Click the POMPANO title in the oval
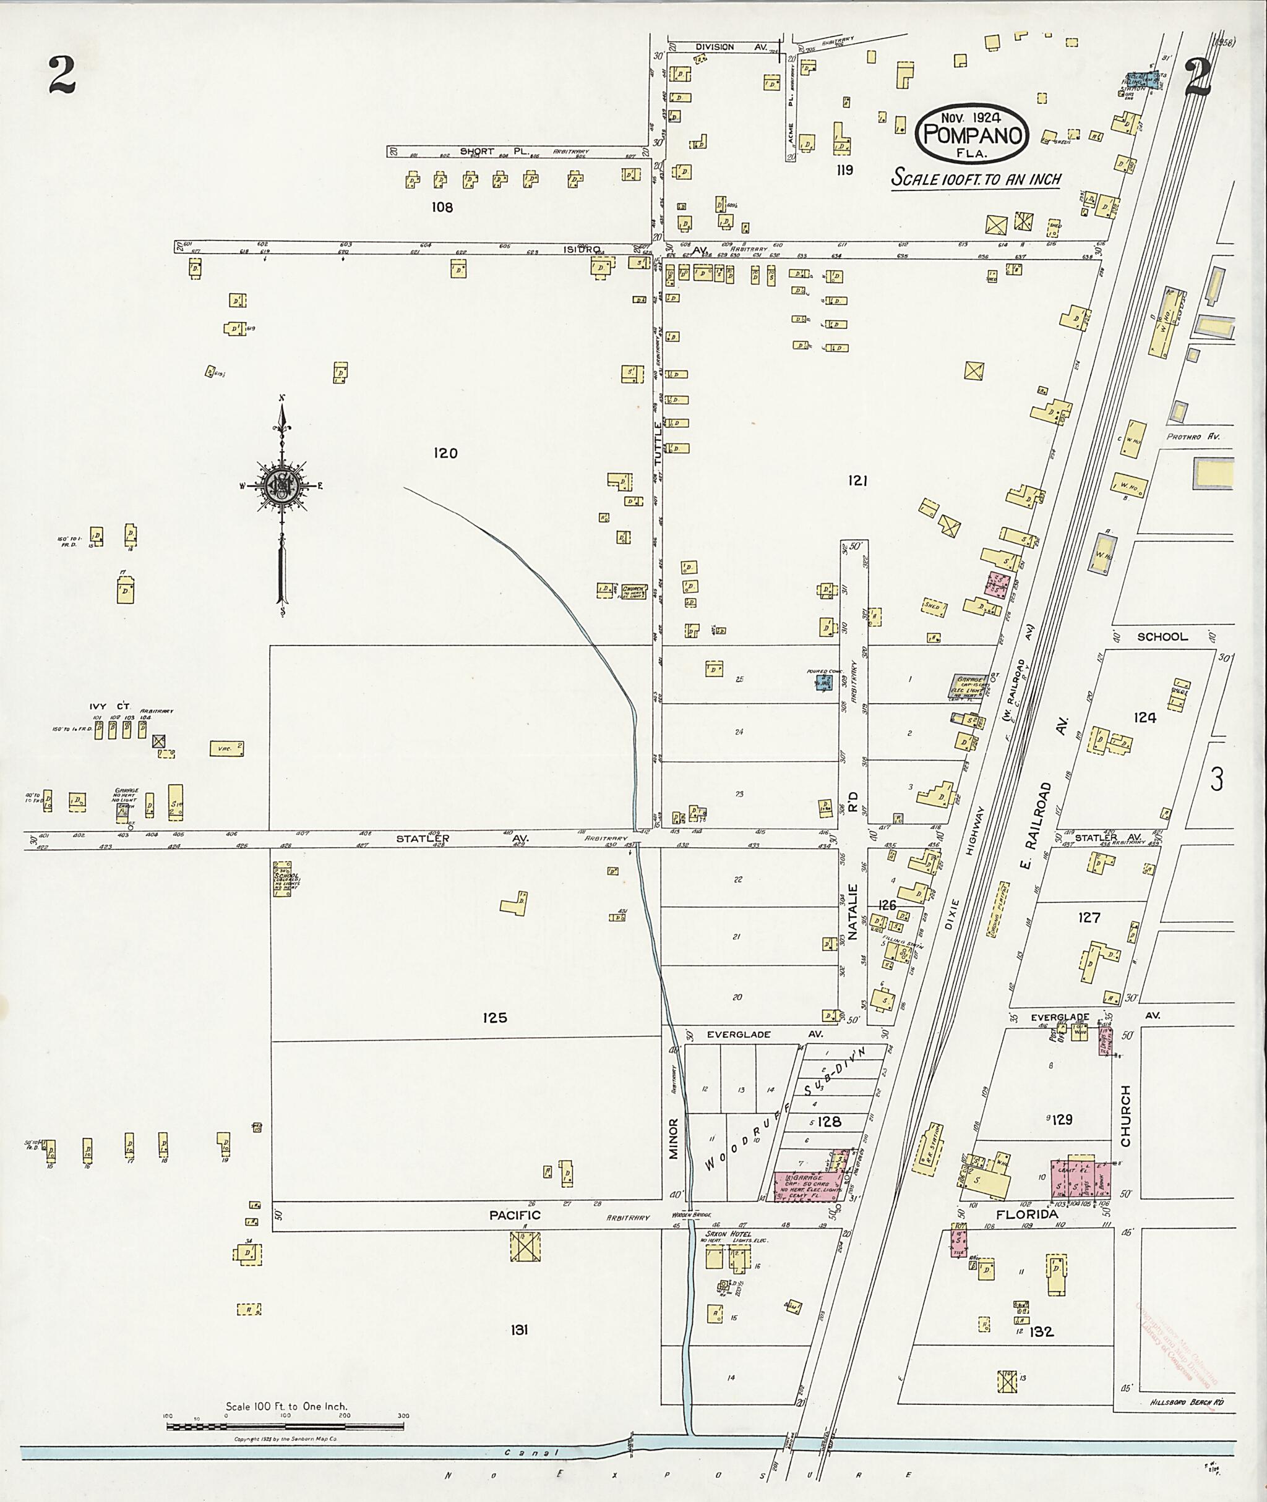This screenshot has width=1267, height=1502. tap(973, 135)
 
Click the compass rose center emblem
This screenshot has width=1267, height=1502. tap(281, 486)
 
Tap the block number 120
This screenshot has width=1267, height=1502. tap(445, 453)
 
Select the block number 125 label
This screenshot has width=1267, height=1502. tap(495, 1017)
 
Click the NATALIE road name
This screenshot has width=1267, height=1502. tap(853, 913)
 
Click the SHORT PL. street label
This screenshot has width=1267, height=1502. tap(494, 151)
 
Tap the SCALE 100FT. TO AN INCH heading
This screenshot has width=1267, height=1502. tap(976, 178)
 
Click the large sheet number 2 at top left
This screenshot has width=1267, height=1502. tap(62, 75)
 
